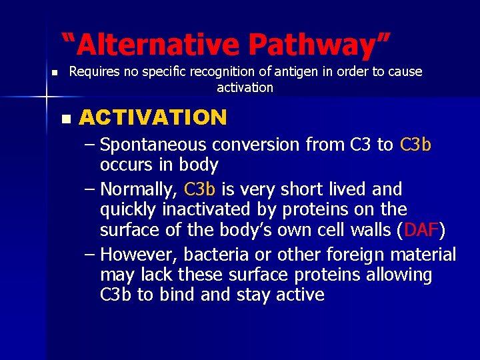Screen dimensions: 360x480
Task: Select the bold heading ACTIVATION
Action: [153, 118]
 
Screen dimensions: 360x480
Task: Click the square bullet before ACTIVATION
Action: [65, 119]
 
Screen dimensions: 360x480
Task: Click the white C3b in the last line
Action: [116, 295]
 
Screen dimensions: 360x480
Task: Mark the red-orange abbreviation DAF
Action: [421, 231]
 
